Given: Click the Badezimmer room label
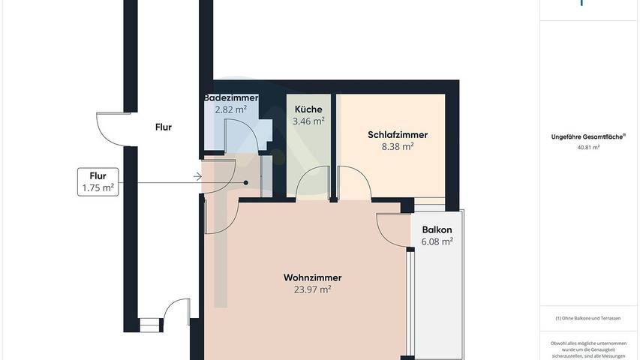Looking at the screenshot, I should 231,98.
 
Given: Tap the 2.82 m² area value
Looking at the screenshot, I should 231,109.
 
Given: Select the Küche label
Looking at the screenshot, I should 308,109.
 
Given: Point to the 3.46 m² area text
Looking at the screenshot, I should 308,120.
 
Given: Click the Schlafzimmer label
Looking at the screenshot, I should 398,135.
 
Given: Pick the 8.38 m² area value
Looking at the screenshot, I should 398,147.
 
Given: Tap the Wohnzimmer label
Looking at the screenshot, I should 308,277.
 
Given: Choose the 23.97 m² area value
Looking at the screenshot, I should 308,289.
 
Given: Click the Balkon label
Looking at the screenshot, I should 437,230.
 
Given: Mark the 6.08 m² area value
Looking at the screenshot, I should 437,241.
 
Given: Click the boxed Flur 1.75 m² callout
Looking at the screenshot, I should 98,182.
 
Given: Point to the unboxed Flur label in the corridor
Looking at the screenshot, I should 163,127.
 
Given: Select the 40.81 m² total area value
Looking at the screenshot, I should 589,148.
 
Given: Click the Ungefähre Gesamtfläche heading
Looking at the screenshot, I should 589,136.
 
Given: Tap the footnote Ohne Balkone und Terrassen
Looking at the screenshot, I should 589,319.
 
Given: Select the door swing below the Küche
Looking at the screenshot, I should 312,184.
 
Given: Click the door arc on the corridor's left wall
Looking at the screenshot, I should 110,127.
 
